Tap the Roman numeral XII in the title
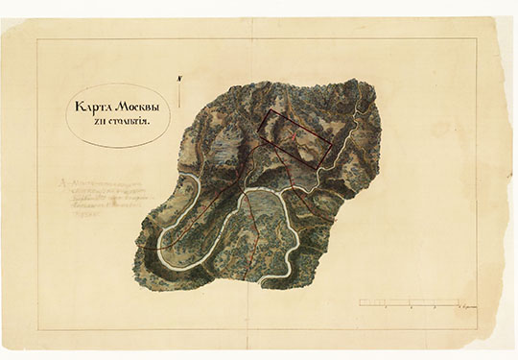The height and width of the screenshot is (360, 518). pyautogui.click(x=93, y=123)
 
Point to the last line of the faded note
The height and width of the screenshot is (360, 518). pyautogui.click(x=82, y=217)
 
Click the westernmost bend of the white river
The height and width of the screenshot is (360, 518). pyautogui.click(x=159, y=248)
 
